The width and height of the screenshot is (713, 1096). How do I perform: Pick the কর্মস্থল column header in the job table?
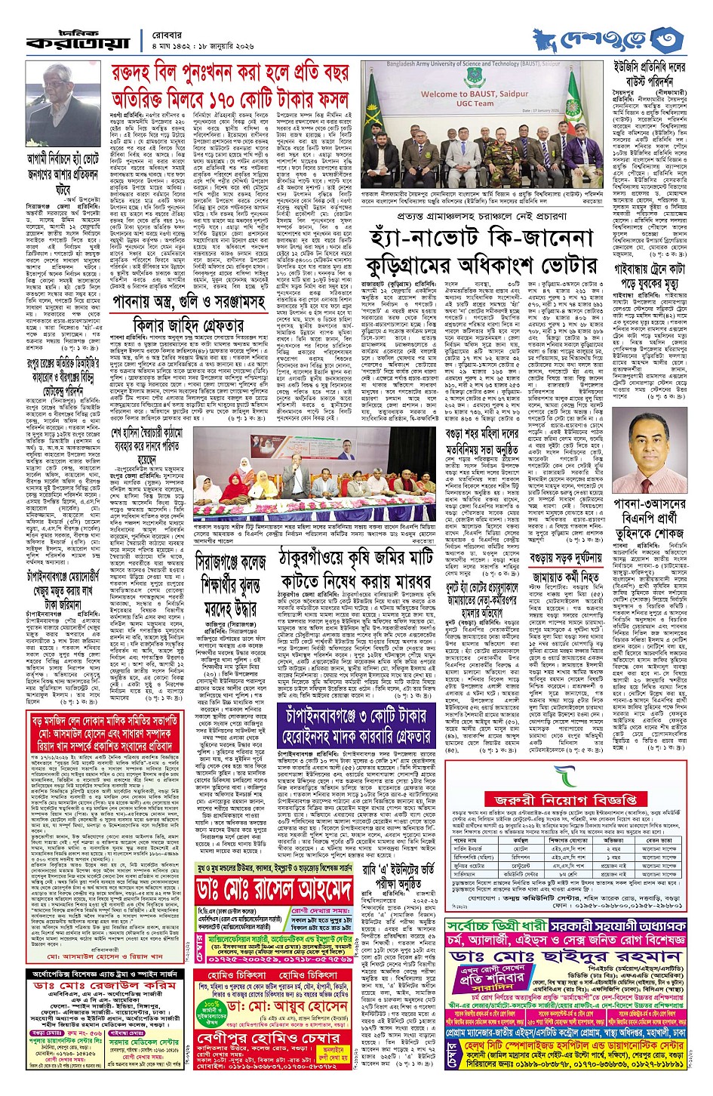coord(521,840)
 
